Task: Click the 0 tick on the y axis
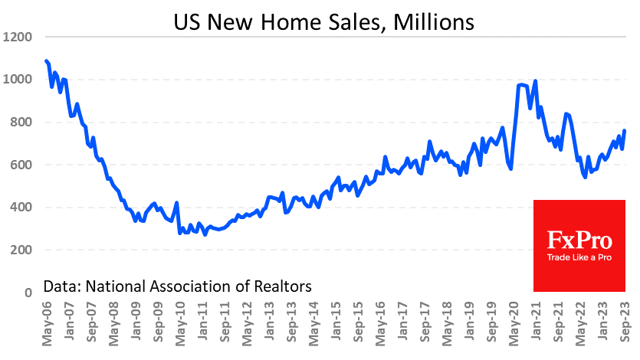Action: click(x=27, y=293)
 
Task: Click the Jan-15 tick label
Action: click(x=336, y=322)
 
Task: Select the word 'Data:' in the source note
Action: click(x=62, y=286)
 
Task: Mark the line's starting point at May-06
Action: click(x=46, y=60)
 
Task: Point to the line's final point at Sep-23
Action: click(x=625, y=130)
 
